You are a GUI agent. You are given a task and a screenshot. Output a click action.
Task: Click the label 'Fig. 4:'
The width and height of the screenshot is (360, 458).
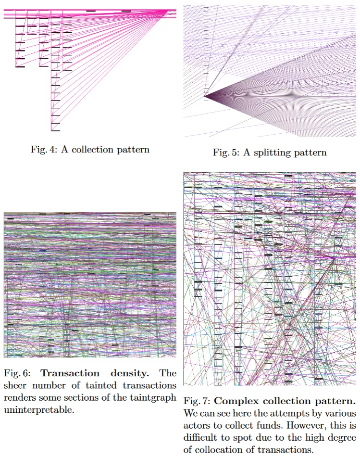click(44, 150)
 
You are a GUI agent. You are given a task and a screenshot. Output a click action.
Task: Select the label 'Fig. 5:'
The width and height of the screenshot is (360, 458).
click(226, 153)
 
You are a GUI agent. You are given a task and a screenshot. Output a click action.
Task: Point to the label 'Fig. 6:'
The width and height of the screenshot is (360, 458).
click(17, 373)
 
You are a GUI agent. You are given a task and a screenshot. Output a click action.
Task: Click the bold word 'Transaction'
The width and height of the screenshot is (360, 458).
click(70, 373)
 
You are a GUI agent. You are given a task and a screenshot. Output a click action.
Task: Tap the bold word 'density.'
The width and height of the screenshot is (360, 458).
click(130, 374)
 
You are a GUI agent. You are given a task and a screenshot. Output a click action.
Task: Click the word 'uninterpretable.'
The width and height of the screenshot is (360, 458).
click(39, 410)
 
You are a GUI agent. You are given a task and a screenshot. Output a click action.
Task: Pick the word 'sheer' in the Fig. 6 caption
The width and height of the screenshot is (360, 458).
click(15, 385)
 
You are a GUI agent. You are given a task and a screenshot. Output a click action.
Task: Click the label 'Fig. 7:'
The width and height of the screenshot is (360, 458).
click(197, 401)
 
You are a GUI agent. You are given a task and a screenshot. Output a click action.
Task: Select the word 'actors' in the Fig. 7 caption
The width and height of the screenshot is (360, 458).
click(196, 426)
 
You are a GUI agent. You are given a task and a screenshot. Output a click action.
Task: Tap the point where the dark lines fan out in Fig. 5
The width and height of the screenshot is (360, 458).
click(204, 96)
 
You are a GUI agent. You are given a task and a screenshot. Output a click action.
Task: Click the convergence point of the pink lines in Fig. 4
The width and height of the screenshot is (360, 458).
click(168, 11)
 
